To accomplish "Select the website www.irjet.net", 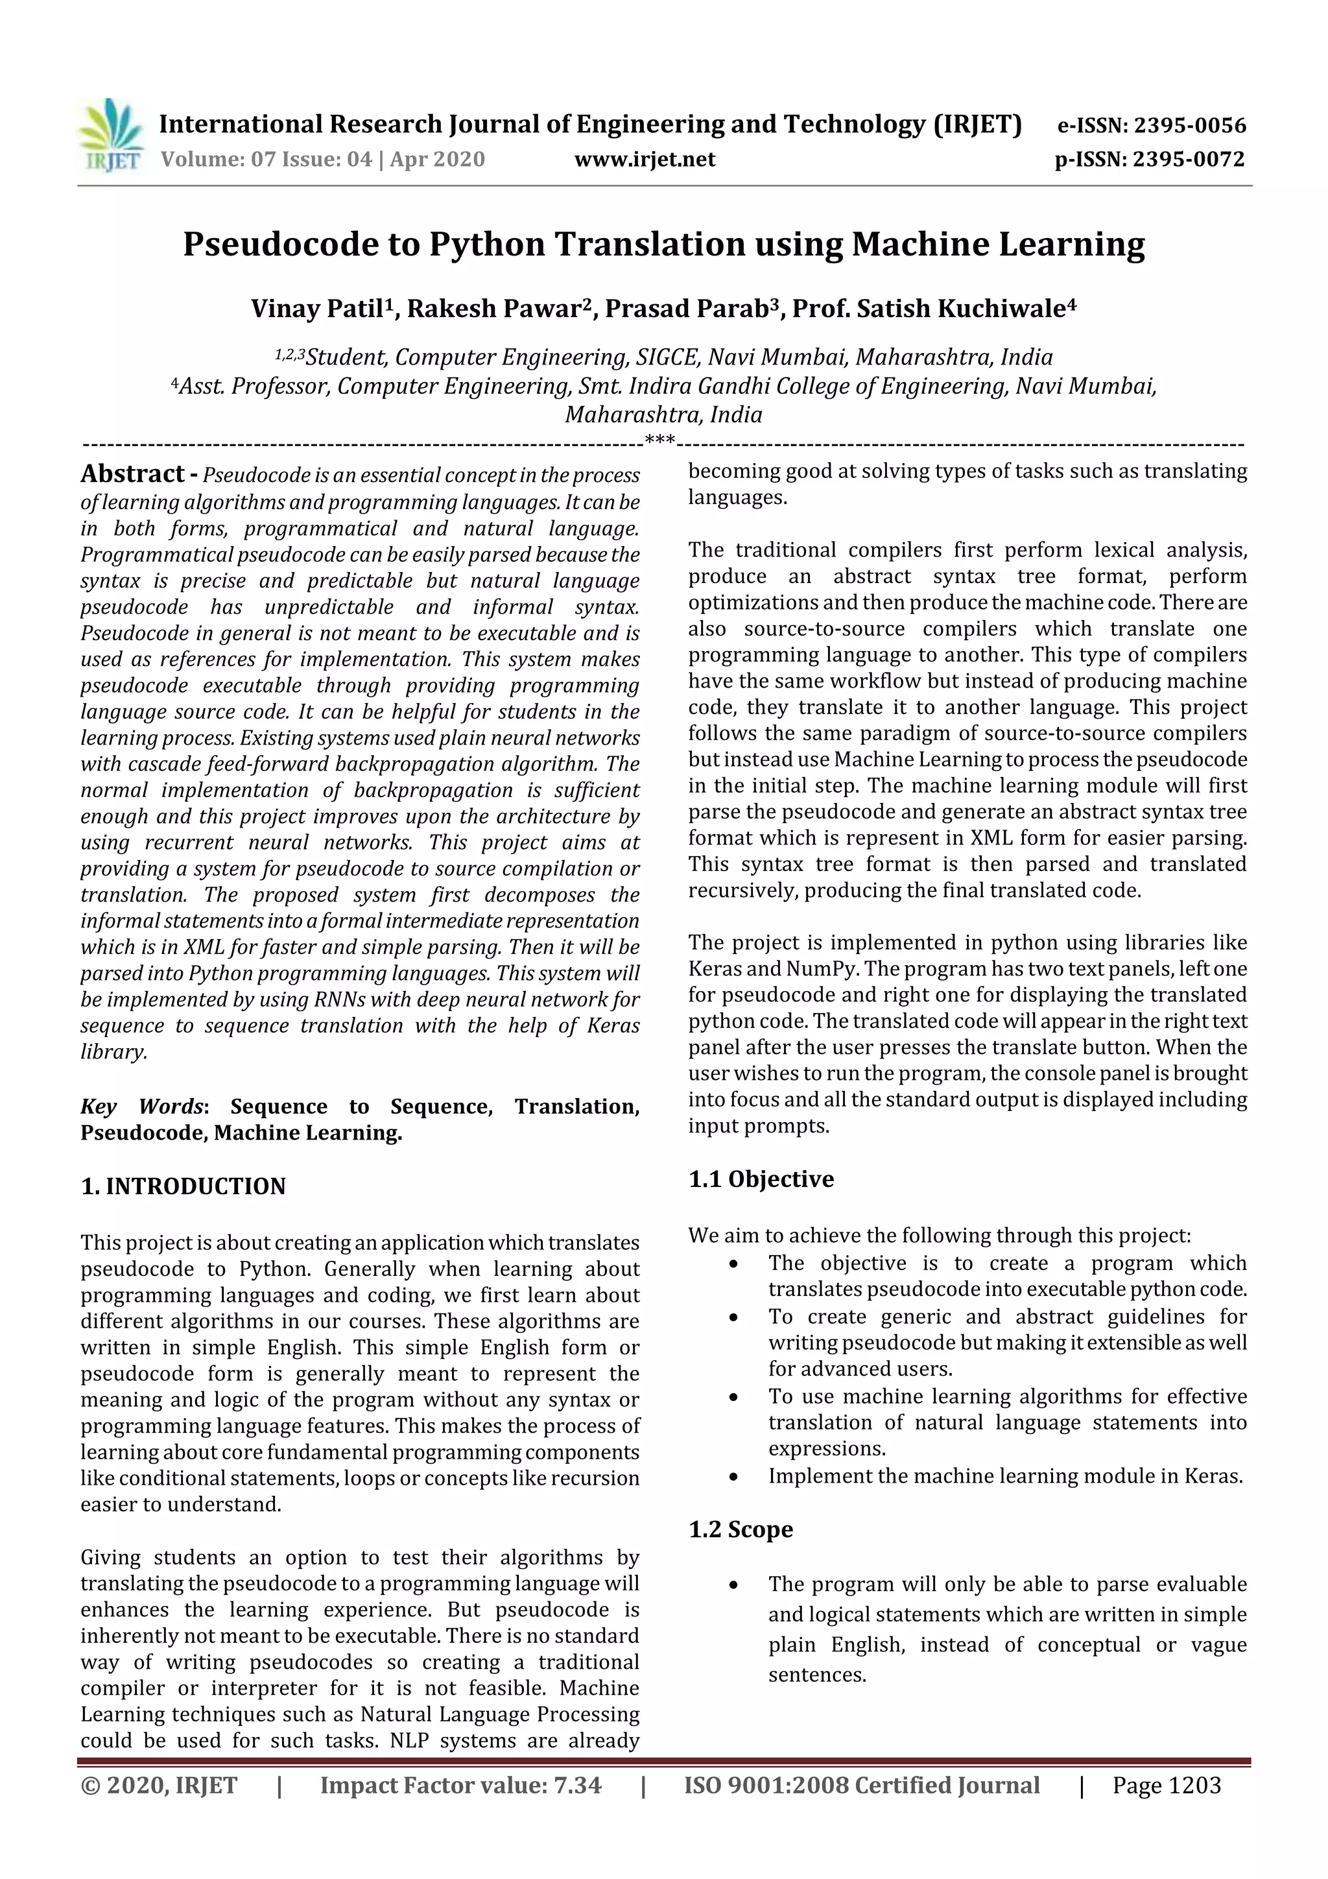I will [645, 160].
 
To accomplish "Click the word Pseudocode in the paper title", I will [301, 245].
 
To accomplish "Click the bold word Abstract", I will [132, 474].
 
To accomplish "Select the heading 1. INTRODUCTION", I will [184, 1187].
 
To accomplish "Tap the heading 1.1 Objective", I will [761, 1179].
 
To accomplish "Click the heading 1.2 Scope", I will [741, 1529].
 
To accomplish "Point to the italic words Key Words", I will [143, 1107].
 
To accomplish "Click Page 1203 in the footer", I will [1166, 1785].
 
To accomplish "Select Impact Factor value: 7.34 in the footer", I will [460, 1785].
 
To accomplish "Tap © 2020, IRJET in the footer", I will [159, 1785].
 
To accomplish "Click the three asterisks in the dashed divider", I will [659, 441].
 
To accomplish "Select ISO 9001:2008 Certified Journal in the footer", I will [862, 1785].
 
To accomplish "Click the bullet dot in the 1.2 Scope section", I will [734, 1586].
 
